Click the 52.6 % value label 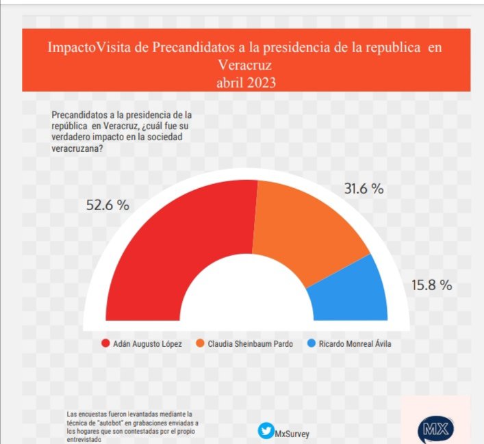click(107, 205)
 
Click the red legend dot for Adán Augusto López click(105, 343)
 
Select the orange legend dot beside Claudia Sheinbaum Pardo click(201, 343)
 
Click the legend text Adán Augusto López click(148, 343)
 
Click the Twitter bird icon click(265, 431)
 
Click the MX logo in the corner click(435, 429)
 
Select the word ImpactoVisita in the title click(99, 49)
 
